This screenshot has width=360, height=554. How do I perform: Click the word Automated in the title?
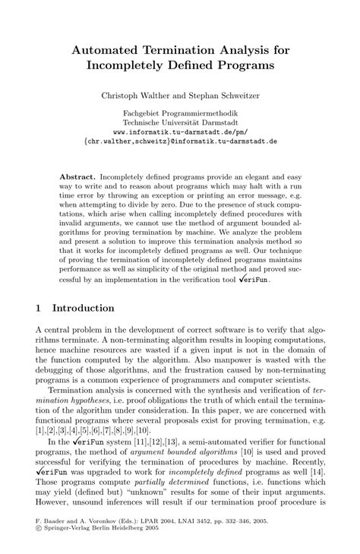(106, 49)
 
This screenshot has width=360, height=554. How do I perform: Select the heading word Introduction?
(83, 309)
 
